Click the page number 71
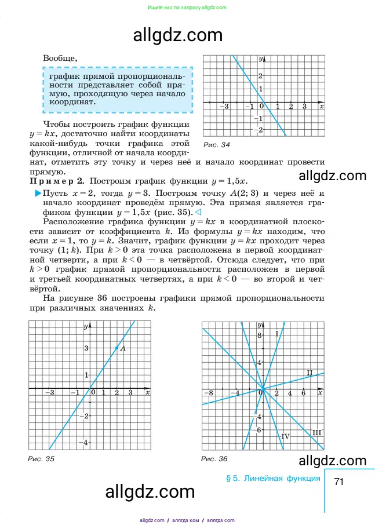coord(340,481)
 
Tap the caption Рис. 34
coord(217,144)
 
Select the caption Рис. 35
coord(41,459)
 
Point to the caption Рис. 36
coord(214,459)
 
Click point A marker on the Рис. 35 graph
coord(117,348)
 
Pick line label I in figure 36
coord(277,333)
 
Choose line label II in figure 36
coord(310,372)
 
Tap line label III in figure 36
coord(316,432)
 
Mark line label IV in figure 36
coord(285,436)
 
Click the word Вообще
coord(59,58)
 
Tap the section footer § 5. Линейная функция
coord(272,478)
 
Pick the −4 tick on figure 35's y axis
coord(85,443)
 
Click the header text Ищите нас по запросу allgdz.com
coord(187,8)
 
